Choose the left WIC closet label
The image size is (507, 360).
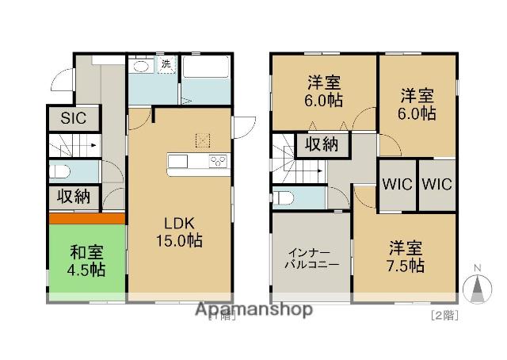point(397,184)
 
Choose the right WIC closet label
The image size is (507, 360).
point(436,184)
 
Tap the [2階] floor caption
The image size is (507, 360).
point(444,314)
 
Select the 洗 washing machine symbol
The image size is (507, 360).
point(166,64)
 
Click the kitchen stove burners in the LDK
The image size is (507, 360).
point(219,163)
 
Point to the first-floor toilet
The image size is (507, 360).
point(59,171)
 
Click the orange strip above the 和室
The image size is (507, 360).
point(86,218)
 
